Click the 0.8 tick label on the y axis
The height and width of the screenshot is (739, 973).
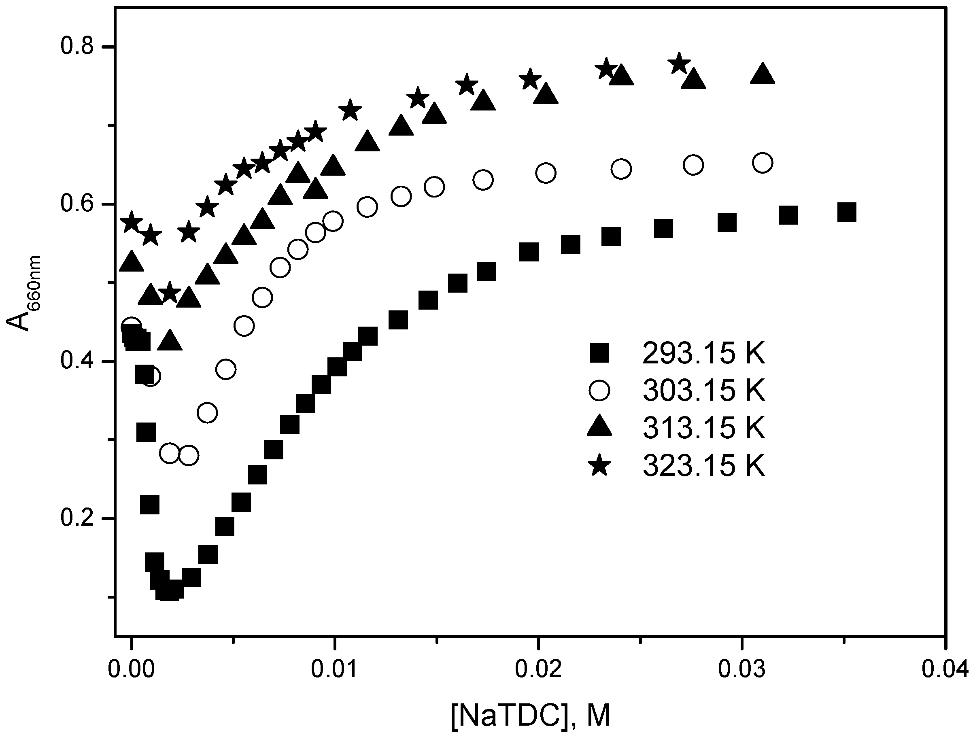[x=76, y=47]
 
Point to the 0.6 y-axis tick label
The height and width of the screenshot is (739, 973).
[x=76, y=204]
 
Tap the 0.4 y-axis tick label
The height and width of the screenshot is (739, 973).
[x=76, y=361]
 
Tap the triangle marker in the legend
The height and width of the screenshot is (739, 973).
[x=599, y=427]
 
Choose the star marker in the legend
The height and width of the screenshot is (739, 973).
[x=599, y=465]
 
